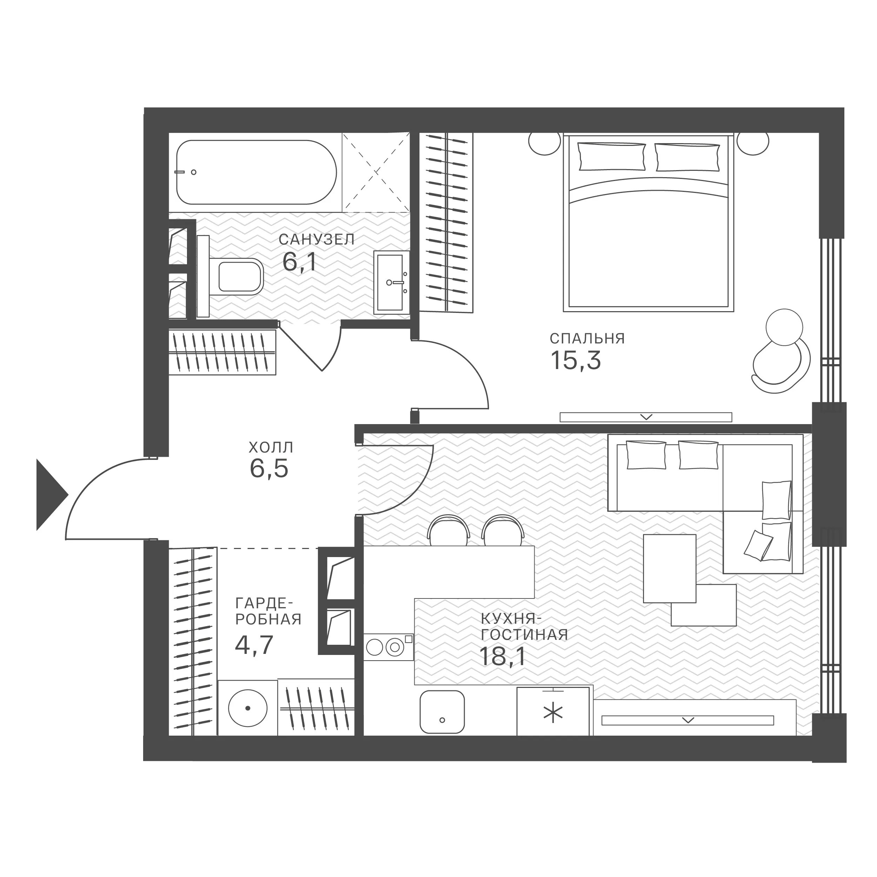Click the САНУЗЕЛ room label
pyautogui.click(x=316, y=239)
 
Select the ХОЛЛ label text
pyautogui.click(x=271, y=448)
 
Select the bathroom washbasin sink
pyautogui.click(x=391, y=282)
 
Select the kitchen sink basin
pyautogui.click(x=442, y=712)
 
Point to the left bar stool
pyautogui.click(x=449, y=530)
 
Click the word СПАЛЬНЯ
pyautogui.click(x=587, y=339)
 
